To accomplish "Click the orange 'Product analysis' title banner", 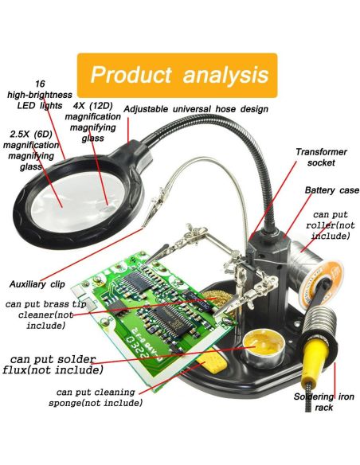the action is (x=177, y=75).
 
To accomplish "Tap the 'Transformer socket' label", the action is (x=321, y=157).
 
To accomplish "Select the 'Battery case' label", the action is (x=332, y=190).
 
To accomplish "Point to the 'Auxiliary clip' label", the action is (x=37, y=284).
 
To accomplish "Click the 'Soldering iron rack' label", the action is (x=324, y=402).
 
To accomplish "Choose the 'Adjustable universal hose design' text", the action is (x=196, y=109).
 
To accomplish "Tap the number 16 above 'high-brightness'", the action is (x=40, y=84).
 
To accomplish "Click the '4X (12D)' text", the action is (x=93, y=106).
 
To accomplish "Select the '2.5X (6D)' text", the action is (x=31, y=134).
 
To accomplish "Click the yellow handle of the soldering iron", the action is (x=315, y=358).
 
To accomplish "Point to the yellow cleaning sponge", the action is (x=213, y=364).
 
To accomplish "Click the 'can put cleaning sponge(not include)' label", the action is (x=96, y=397).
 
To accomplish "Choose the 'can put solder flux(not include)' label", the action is (x=53, y=365).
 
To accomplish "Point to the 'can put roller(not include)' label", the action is (x=330, y=225).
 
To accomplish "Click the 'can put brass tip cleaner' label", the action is (x=45, y=315).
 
